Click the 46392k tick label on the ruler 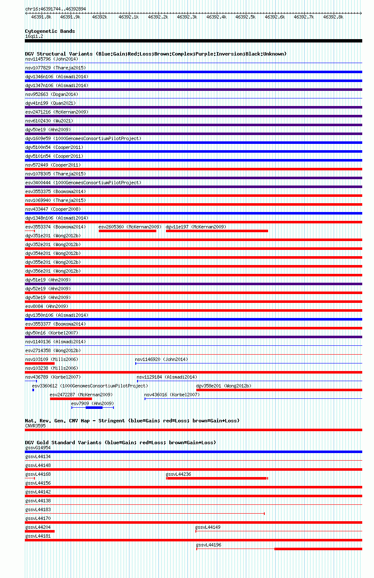[x=100, y=17]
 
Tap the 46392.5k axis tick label [x=245, y=17]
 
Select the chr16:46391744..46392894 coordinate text [x=55, y=9]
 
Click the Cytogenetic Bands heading [x=50, y=31]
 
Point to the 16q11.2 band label [x=34, y=36]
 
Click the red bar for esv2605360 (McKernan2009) [x=128, y=231]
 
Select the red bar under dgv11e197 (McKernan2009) [x=217, y=231]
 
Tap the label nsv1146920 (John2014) [x=161, y=359]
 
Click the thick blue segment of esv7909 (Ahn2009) [x=94, y=408]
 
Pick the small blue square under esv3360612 [x=33, y=390]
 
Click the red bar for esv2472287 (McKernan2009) [x=71, y=399]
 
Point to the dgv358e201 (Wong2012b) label [x=224, y=386]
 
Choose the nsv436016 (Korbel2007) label [x=172, y=395]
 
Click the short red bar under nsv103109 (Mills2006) [x=40, y=363]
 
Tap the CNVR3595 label [x=35, y=426]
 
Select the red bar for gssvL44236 [x=217, y=478]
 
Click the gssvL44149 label [x=208, y=527]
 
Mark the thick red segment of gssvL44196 [x=319, y=549]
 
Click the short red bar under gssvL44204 [x=40, y=531]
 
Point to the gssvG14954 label [x=38, y=448]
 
